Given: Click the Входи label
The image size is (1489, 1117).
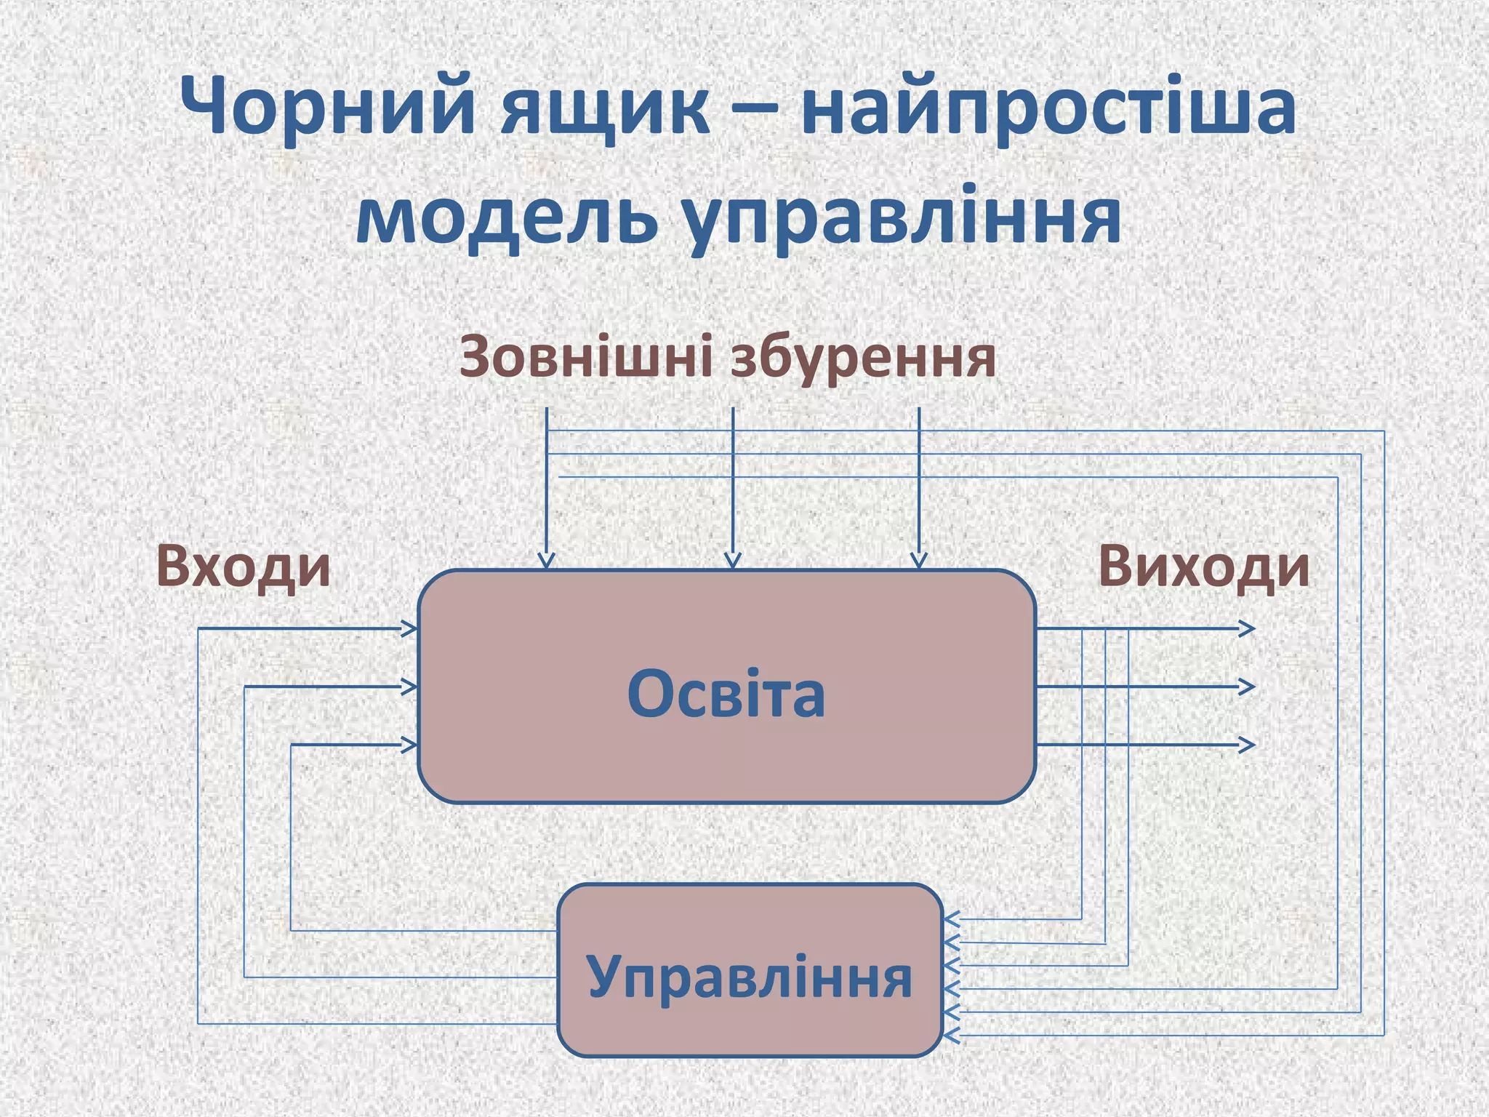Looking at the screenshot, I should [243, 566].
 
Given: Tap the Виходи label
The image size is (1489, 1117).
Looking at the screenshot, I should [1203, 566].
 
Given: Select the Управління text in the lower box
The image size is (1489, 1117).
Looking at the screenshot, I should [749, 977].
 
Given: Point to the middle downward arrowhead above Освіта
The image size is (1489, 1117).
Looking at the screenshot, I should [733, 561].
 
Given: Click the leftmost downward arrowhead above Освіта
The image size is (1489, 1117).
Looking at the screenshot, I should [546, 561].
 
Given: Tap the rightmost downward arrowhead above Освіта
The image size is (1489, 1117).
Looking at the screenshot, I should [919, 561].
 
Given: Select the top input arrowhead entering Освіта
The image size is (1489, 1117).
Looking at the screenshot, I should [411, 628].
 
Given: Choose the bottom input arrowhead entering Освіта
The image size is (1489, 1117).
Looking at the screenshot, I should [411, 744].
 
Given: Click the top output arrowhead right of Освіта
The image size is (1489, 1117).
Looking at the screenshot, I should [1248, 628].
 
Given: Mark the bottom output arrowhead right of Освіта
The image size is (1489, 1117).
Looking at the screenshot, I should [1248, 744].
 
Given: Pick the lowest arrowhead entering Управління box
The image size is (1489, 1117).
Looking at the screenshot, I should [951, 1035].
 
